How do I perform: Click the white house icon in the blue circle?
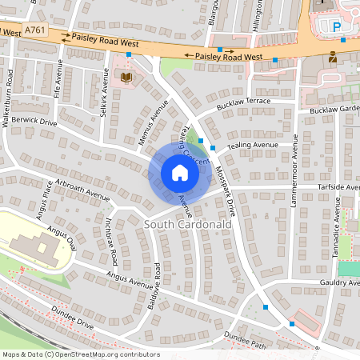(180, 173)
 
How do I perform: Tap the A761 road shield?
(35, 30)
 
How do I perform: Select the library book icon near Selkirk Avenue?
(126, 77)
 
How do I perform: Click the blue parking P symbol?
(336, 27)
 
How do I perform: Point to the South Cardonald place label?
(188, 225)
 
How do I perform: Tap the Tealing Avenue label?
(253, 146)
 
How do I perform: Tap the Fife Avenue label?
(57, 82)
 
